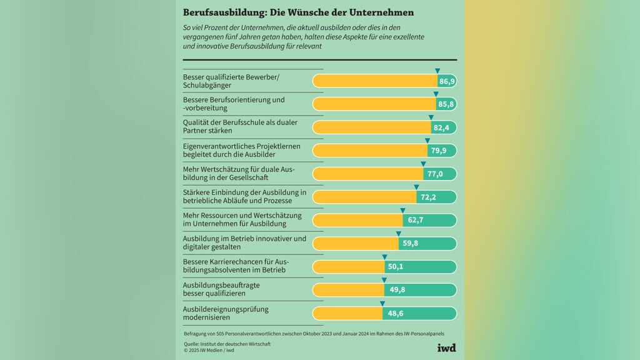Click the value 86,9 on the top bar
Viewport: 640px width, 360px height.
[447, 81]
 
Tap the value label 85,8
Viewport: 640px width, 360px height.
[446, 104]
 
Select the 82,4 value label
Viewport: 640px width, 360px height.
[442, 127]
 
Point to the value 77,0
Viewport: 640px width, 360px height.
[435, 174]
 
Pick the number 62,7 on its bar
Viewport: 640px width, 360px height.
[415, 220]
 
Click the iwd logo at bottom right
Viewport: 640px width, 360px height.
[446, 348]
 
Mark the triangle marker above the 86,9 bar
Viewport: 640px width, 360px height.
[437, 71]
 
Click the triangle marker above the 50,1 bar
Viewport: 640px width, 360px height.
[385, 256]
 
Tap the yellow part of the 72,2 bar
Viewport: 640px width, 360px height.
[364, 197]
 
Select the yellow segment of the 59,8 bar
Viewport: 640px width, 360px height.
[355, 243]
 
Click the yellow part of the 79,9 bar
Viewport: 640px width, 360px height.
[369, 151]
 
